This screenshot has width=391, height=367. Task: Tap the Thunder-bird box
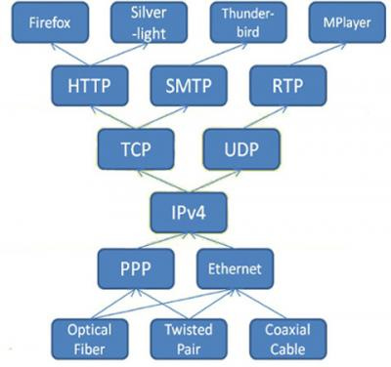(x=240, y=22)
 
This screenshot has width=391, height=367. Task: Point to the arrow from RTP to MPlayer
(x=315, y=55)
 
